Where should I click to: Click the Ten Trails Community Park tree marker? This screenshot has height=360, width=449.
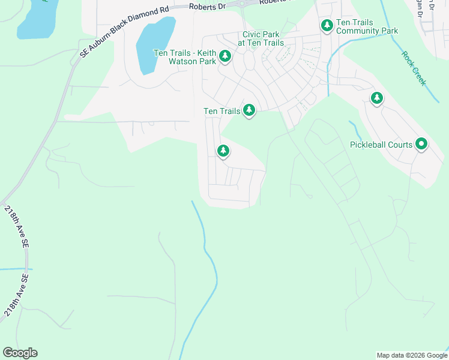[x=327, y=25]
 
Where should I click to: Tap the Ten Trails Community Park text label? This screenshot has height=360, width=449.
[x=367, y=26]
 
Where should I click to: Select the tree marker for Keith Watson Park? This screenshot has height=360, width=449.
[x=225, y=56]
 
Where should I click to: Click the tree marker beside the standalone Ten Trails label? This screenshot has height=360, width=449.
[x=249, y=110]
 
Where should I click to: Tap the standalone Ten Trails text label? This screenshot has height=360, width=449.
[x=222, y=111]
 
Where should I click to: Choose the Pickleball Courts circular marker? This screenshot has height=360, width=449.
[x=421, y=144]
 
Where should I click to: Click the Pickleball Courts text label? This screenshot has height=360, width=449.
[x=381, y=145]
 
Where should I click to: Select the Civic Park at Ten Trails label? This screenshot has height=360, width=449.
[x=261, y=39]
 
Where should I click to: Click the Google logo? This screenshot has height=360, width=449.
[x=20, y=353]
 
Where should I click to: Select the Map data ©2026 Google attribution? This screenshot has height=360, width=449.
[x=411, y=355]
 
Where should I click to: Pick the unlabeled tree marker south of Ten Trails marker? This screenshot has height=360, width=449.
[x=223, y=150]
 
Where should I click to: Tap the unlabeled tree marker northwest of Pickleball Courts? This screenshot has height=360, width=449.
[x=376, y=98]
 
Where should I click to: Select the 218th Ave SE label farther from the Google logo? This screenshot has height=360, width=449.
[x=17, y=227]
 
